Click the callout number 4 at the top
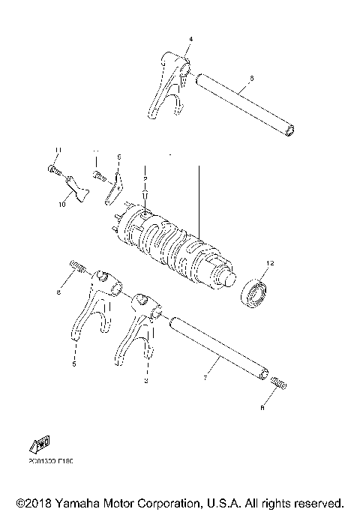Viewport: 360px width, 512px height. (x=190, y=37)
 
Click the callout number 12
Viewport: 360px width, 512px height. (x=271, y=264)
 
